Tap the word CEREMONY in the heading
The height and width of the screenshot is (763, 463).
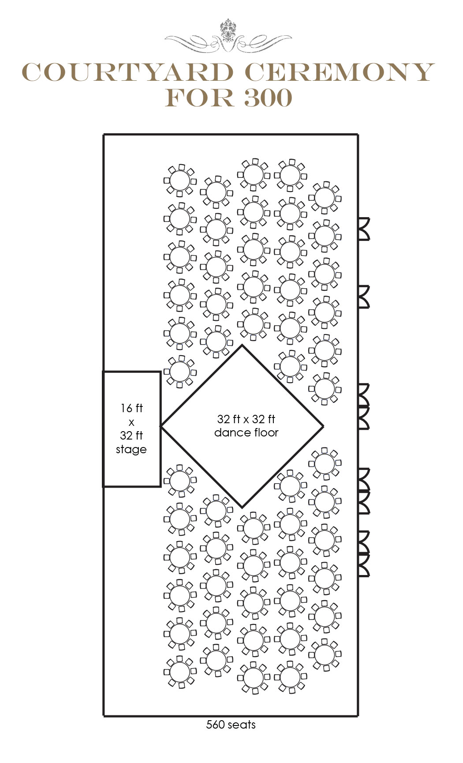340,72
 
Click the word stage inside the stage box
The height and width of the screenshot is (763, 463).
131,450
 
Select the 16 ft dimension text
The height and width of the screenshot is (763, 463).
131,408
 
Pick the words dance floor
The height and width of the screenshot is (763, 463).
246,432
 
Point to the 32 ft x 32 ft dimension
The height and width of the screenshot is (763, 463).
246,419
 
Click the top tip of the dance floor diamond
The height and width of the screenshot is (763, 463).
242,345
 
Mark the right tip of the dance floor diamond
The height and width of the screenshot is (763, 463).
323,426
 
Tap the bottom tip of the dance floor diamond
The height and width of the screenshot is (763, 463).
242,507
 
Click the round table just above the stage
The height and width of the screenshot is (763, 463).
180,372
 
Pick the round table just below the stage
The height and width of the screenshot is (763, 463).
180,481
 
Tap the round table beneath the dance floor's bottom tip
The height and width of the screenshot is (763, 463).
254,528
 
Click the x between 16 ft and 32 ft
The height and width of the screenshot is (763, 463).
131,422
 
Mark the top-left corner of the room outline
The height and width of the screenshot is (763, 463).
104,135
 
